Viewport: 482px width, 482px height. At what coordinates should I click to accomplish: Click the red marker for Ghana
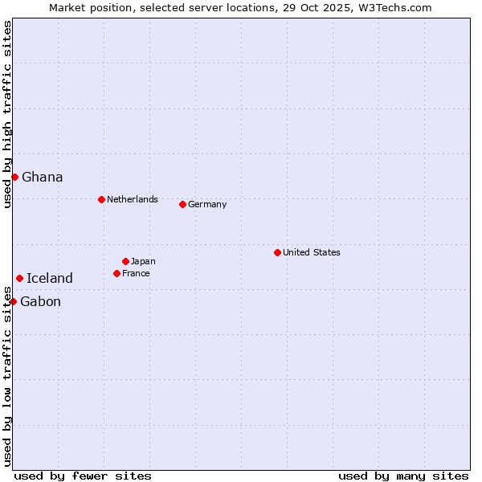pyautogui.click(x=14, y=177)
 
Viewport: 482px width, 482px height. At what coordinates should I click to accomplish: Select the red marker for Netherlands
pyautogui.click(x=101, y=199)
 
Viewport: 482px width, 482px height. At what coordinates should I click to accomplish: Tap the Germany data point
pyautogui.click(x=182, y=204)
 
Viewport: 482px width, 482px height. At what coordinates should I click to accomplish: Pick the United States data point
pyautogui.click(x=277, y=252)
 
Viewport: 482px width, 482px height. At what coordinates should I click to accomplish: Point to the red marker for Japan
pyautogui.click(x=125, y=261)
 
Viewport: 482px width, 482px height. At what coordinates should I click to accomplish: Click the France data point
pyautogui.click(x=116, y=273)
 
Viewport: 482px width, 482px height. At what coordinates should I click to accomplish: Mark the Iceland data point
pyautogui.click(x=19, y=278)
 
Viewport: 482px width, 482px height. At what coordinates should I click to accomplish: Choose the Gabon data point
pyautogui.click(x=13, y=301)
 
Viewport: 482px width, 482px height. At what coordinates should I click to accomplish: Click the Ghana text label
pyautogui.click(x=42, y=177)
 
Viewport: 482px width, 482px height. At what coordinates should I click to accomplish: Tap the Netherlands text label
pyautogui.click(x=132, y=199)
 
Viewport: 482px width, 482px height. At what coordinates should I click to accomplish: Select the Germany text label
pyautogui.click(x=207, y=204)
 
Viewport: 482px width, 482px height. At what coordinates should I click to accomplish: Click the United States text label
pyautogui.click(x=311, y=252)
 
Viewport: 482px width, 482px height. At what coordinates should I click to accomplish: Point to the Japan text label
pyautogui.click(x=143, y=261)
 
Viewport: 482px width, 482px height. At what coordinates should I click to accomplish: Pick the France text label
pyautogui.click(x=136, y=273)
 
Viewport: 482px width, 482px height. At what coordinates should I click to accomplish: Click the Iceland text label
pyautogui.click(x=49, y=278)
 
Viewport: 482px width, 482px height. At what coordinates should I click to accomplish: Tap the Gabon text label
pyautogui.click(x=40, y=301)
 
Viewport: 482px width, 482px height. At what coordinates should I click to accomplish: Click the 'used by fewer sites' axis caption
pyautogui.click(x=83, y=476)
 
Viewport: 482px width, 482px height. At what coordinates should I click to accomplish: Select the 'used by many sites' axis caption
pyautogui.click(x=403, y=476)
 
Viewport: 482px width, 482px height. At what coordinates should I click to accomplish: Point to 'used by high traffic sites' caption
pyautogui.click(x=7, y=114)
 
